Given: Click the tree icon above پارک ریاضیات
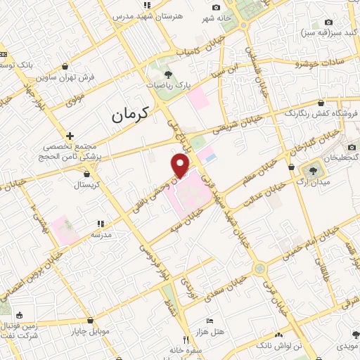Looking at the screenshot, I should coord(167,73).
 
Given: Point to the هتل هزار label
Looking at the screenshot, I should coord(210,330).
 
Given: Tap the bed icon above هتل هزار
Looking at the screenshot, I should coord(208,321).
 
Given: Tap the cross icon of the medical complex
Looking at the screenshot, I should coord(70,136).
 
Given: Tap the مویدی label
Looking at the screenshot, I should coord(349,347).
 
